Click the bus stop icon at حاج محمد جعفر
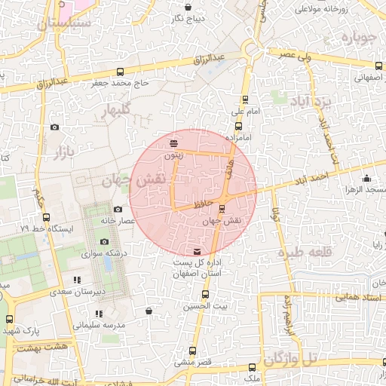pos(120,72)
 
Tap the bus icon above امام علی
pos(245,100)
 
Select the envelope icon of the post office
pos(198,251)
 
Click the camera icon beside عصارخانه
pos(118,209)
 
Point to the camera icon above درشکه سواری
pos(104,241)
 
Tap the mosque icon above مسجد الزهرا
pos(366,178)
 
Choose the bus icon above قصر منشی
pos(193,351)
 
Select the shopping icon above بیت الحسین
pos(148,310)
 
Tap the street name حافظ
pos(204,204)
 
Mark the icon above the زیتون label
pos(175,142)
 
